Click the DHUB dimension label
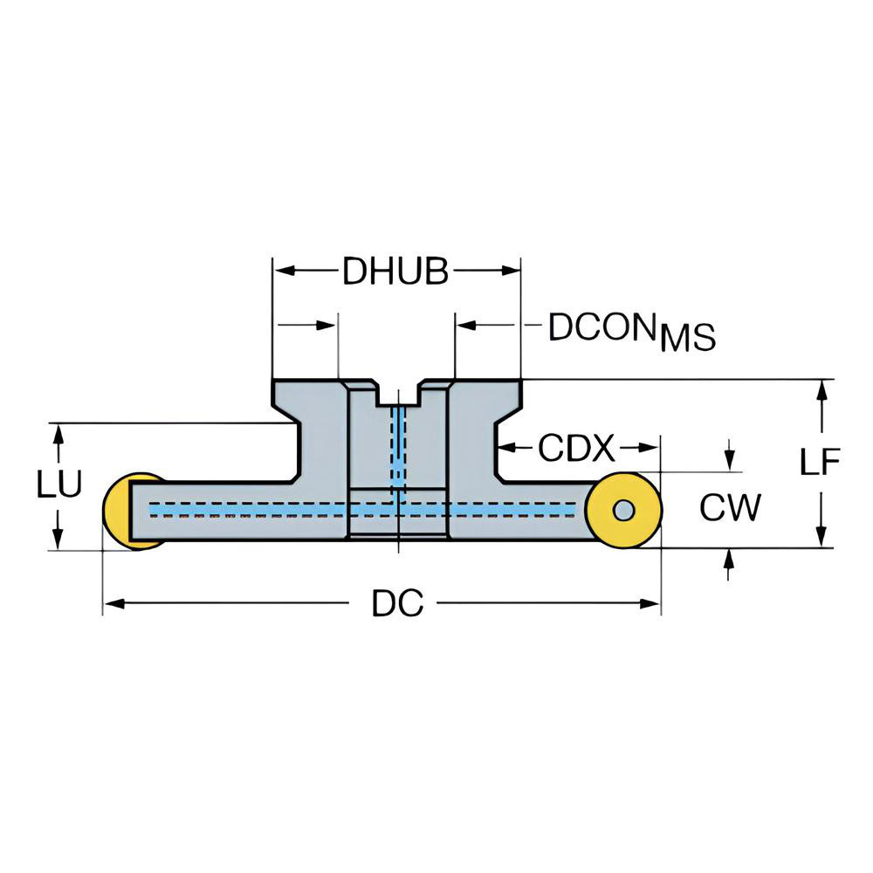395,272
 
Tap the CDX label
576,449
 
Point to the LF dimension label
820,462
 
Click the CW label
730,507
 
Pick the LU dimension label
58,485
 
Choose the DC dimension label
397,603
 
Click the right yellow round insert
623,509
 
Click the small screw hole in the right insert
623,509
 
